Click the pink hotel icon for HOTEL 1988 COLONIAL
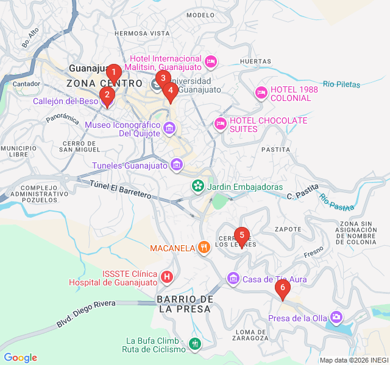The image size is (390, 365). tap(261, 92)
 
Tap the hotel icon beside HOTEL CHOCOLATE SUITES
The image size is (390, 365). tap(221, 124)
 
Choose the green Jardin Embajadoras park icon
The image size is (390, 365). tap(198, 186)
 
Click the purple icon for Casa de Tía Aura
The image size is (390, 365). tap(233, 279)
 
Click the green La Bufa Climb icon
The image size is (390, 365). tap(194, 344)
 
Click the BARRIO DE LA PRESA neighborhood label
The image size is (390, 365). tap(184, 304)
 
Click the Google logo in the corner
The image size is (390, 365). tap(20, 358)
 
